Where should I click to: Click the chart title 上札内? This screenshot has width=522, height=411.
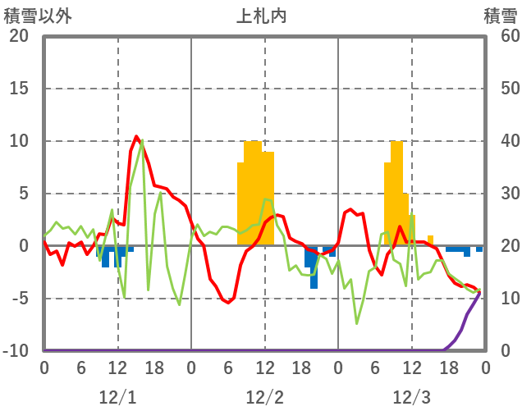point(262,15)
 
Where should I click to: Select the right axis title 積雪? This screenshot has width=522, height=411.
point(499,15)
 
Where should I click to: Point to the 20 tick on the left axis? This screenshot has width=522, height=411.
point(19,36)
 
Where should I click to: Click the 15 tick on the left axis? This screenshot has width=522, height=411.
point(19,89)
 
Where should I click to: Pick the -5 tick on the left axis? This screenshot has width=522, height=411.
point(19,299)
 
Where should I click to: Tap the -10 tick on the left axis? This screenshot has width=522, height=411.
point(16,351)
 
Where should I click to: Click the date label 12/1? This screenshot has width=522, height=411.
point(117,398)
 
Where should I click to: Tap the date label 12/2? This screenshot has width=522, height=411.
point(264,398)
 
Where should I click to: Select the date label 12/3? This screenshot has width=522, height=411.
point(411,398)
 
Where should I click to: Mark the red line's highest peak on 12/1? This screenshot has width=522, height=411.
point(136,136)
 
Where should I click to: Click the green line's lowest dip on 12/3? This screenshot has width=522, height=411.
point(357,323)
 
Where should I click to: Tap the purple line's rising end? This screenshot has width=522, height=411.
point(479,291)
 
